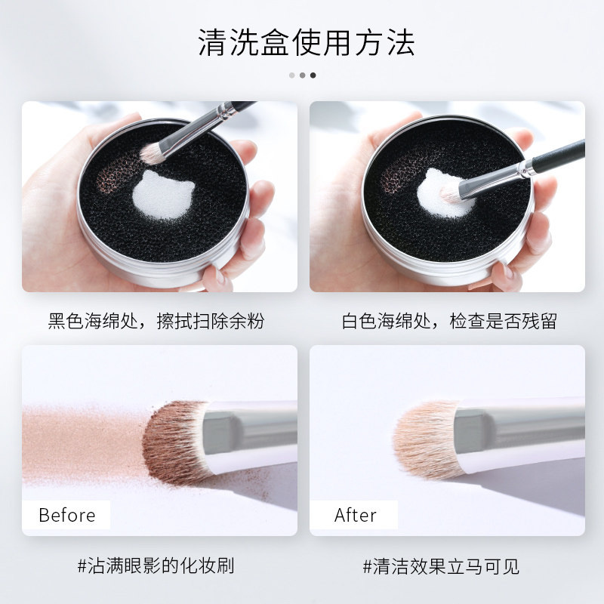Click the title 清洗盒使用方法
tap(306, 42)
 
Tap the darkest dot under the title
tap(313, 75)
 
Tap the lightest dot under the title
tap(291, 75)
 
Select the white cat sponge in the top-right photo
tap(445, 191)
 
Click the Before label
tap(67, 516)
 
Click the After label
tap(355, 516)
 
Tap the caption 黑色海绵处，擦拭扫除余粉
tap(156, 320)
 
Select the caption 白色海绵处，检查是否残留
tap(449, 320)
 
